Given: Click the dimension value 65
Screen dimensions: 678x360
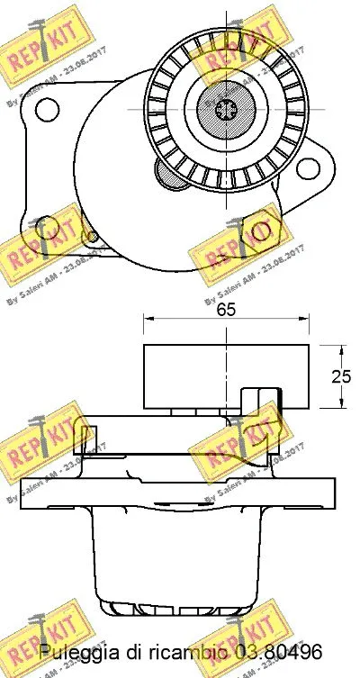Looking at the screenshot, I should click(226, 310).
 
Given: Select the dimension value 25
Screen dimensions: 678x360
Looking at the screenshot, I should click(341, 376).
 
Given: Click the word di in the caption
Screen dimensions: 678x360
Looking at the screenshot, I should click(130, 652).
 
